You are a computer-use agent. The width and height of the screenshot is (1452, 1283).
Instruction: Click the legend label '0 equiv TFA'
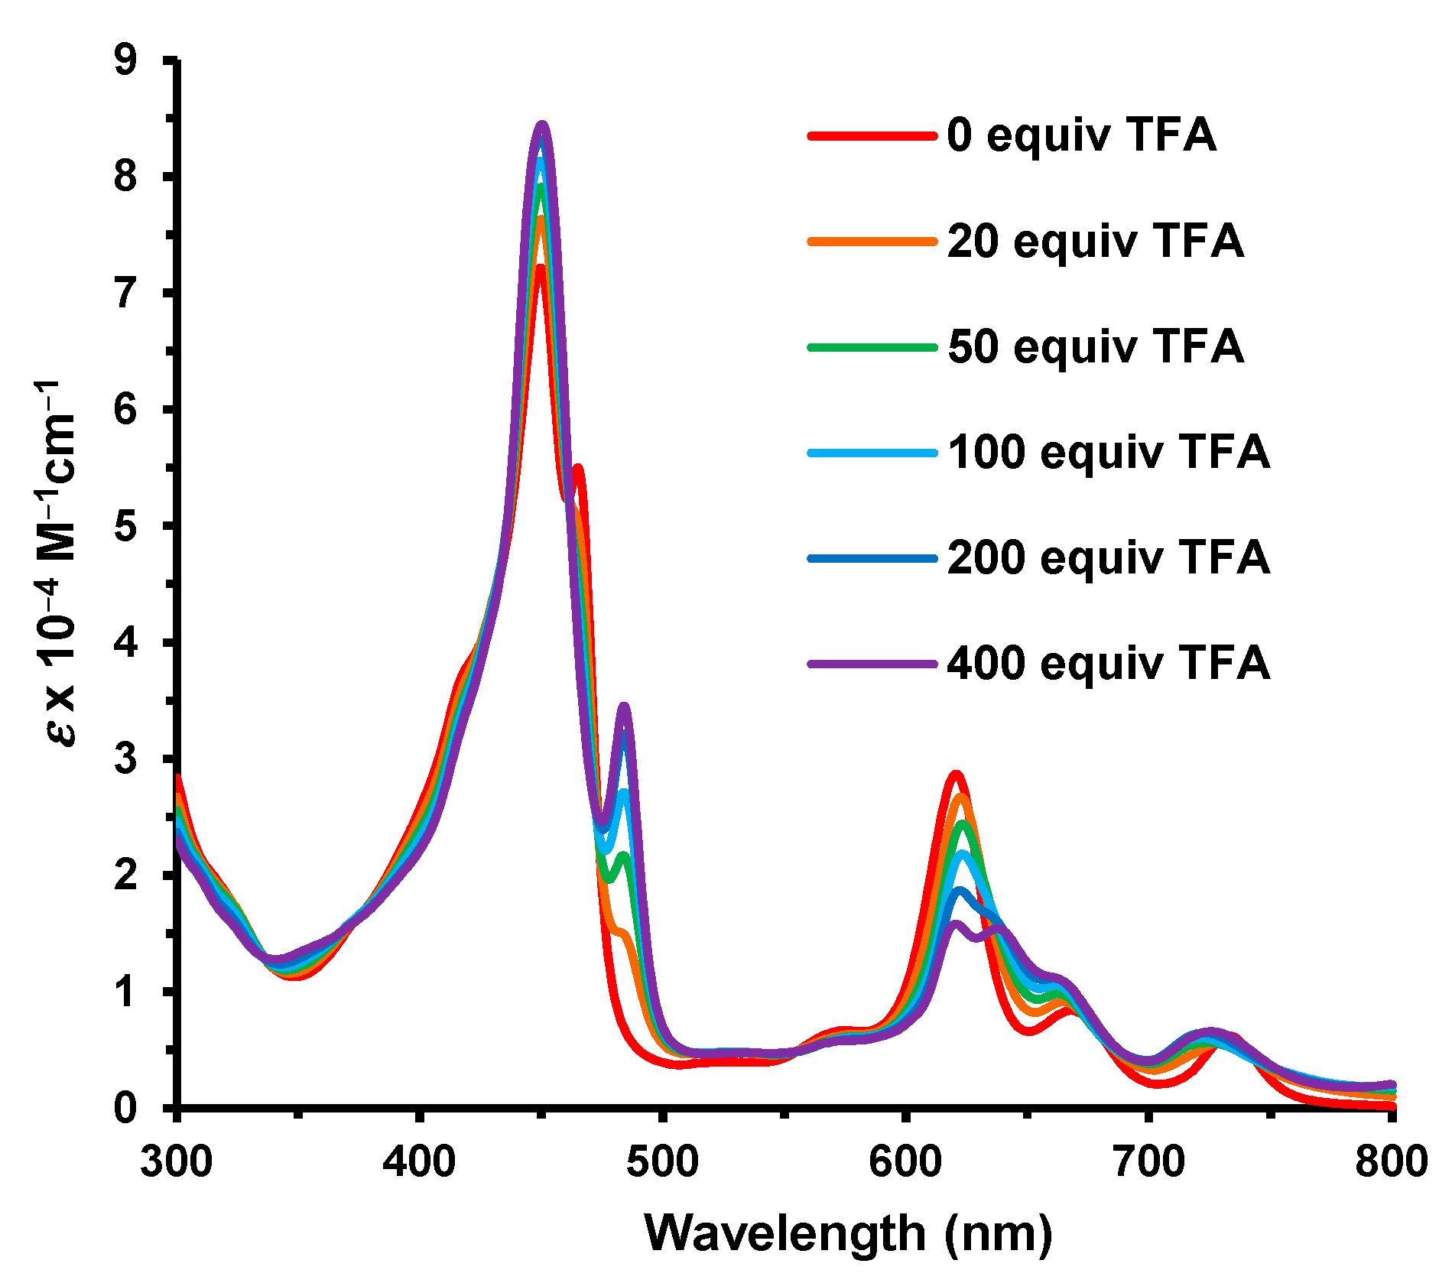click(1081, 135)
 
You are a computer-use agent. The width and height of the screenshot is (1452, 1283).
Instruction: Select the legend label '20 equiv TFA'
click(1095, 241)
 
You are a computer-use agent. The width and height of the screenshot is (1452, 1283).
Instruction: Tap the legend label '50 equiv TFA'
click(1095, 346)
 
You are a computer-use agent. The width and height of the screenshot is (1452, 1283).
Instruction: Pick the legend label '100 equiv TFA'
click(1109, 452)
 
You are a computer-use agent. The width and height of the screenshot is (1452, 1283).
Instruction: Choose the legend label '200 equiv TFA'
click(1109, 557)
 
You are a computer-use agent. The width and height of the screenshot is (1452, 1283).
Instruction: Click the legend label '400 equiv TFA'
click(1109, 663)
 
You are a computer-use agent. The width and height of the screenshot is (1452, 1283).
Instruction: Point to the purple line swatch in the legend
click(872, 664)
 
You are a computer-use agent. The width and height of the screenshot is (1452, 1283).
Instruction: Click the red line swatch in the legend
click(872, 136)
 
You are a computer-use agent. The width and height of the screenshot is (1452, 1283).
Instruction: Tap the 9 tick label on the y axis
click(125, 60)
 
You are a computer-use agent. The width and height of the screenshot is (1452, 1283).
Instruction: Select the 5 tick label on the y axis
click(125, 526)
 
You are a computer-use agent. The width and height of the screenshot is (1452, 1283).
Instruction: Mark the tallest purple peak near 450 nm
click(542, 125)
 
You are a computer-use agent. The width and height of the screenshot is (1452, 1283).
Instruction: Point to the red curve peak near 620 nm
click(955, 774)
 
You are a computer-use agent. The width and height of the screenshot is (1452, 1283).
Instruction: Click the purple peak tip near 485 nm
click(624, 706)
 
